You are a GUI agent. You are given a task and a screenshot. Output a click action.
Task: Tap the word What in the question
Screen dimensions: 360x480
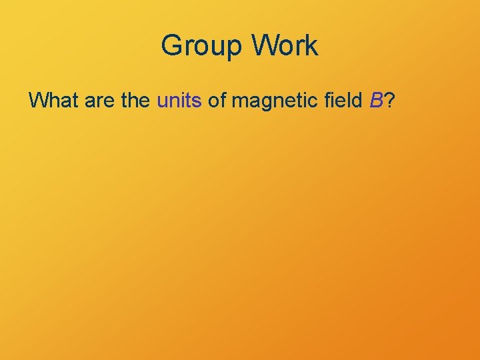tap(53, 101)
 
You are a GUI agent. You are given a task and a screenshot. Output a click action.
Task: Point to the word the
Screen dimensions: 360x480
tap(134, 101)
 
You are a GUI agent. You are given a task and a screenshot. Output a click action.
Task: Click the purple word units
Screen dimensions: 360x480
tap(179, 101)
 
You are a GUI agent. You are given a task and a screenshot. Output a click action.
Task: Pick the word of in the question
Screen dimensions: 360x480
tap(217, 101)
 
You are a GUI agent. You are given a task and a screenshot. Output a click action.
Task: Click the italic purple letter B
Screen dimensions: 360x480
tap(376, 101)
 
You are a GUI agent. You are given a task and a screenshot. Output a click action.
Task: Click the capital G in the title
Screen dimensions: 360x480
tap(172, 45)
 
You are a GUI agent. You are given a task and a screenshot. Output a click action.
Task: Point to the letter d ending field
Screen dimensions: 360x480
tap(359, 101)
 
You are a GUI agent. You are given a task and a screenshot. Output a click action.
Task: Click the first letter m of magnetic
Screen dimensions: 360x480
tap(239, 102)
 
